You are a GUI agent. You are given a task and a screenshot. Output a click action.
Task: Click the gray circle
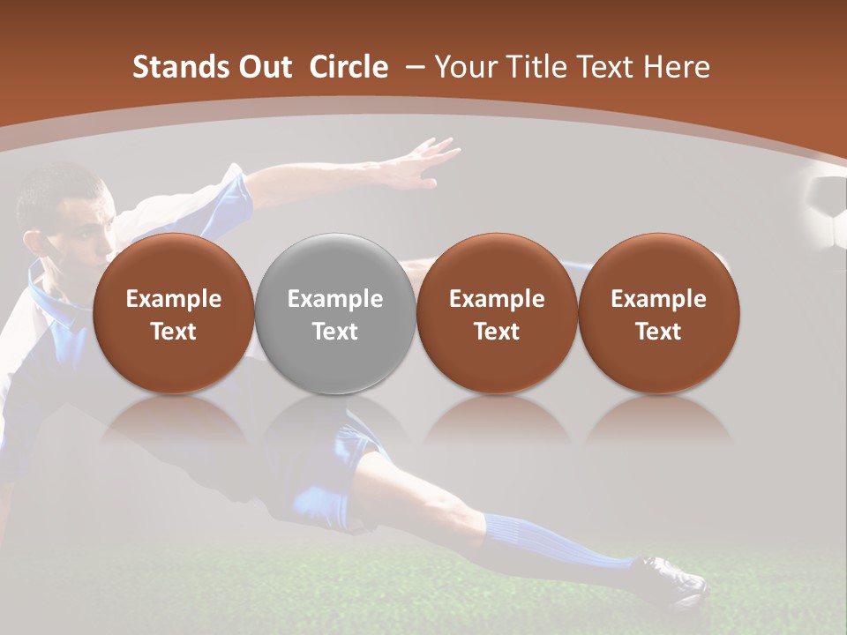335,313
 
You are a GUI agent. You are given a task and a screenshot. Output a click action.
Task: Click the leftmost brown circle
174,313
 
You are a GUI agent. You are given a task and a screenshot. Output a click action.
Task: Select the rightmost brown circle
658,313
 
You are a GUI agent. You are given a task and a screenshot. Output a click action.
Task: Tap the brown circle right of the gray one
497,313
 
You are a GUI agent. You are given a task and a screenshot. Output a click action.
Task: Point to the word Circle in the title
349,67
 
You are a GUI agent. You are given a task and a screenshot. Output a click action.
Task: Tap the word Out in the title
263,67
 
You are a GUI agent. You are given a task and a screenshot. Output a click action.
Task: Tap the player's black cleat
675,579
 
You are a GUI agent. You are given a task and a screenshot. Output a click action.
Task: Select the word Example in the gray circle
335,299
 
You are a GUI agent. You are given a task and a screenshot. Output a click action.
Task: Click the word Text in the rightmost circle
658,332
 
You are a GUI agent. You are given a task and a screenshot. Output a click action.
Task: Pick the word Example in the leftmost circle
174,299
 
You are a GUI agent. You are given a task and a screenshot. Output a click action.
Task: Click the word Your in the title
464,67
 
